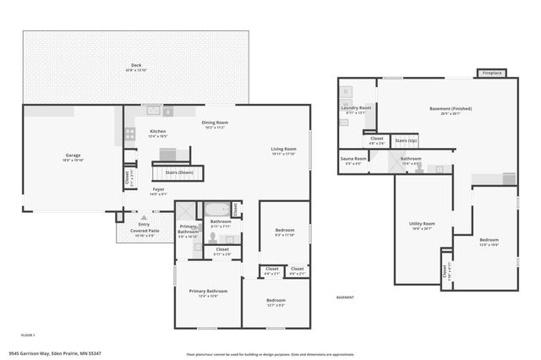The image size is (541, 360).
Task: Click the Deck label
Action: click(x=135, y=67)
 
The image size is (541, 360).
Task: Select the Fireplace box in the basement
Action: click(x=492, y=74)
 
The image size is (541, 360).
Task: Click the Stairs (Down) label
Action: click(x=178, y=172)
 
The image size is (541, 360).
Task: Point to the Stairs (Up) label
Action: click(x=406, y=140)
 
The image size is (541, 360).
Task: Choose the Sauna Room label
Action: click(x=353, y=159)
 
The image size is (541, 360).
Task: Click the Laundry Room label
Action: click(x=356, y=109)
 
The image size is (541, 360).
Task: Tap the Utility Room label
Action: click(x=422, y=224)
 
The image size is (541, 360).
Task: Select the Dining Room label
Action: click(x=216, y=124)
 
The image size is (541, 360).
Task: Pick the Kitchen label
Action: click(x=158, y=132)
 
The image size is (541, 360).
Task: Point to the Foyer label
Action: click(x=158, y=190)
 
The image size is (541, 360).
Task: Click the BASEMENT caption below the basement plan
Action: click(x=345, y=297)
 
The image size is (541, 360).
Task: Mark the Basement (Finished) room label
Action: click(x=451, y=109)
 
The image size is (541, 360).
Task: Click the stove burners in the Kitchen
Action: click(x=130, y=133)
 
